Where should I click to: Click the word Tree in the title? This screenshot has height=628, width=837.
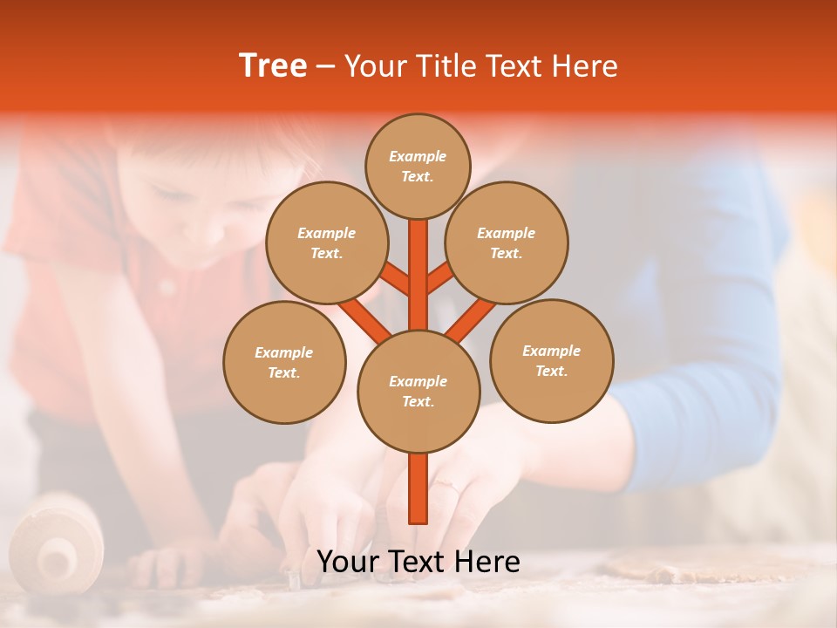(273, 66)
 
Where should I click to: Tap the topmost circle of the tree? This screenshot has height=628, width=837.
(418, 166)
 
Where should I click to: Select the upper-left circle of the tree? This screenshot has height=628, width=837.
(326, 242)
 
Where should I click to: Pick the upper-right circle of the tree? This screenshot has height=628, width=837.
(506, 242)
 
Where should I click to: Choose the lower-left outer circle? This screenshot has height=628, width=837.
(284, 362)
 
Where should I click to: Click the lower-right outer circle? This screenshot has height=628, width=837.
(551, 360)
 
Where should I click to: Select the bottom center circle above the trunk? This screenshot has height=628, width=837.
(418, 391)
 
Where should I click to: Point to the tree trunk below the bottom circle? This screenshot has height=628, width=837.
(418, 488)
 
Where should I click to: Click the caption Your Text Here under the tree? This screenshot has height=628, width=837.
(418, 562)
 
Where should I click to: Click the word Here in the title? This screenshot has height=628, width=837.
(587, 66)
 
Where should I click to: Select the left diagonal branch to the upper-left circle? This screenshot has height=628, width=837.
(394, 279)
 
